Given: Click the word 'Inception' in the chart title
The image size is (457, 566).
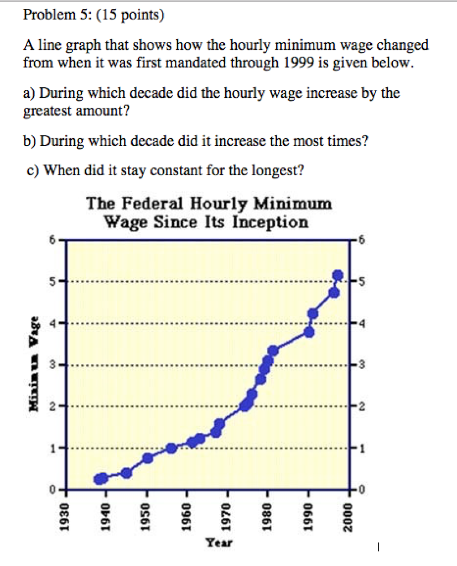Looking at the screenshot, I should pyautogui.click(x=270, y=222).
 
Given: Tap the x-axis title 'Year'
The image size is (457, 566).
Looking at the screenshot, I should pyautogui.click(x=219, y=542).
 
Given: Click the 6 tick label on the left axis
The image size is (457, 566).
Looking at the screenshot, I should pyautogui.click(x=52, y=239).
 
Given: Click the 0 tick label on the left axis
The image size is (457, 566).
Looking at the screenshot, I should pyautogui.click(x=52, y=490).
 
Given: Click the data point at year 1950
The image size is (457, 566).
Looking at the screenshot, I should pyautogui.click(x=148, y=458).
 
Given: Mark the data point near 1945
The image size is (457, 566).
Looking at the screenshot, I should pyautogui.click(x=126, y=473).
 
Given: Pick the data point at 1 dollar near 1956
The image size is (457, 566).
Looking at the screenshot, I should pyautogui.click(x=171, y=448).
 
